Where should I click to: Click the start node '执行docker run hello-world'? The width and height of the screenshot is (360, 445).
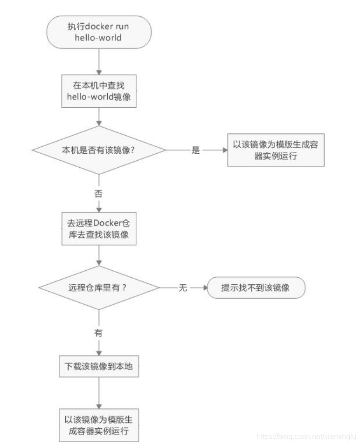(x=98, y=31)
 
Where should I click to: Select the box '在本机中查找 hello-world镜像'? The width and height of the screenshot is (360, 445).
(x=98, y=91)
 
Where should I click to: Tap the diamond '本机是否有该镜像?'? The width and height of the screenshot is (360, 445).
(x=98, y=150)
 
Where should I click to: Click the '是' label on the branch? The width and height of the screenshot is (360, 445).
(x=195, y=150)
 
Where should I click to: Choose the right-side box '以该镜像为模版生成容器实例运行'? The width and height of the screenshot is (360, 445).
(x=276, y=150)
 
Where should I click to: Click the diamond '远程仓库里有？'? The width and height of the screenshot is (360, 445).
(x=98, y=288)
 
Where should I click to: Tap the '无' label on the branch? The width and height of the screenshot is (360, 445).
(x=183, y=288)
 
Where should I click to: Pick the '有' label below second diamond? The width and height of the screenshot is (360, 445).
(x=98, y=333)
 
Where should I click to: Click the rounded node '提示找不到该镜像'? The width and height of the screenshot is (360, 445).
(x=256, y=288)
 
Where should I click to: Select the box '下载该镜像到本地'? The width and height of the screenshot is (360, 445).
(x=98, y=366)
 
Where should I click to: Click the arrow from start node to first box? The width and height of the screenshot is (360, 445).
(x=98, y=61)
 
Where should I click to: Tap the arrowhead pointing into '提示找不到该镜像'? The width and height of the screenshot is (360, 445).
(x=204, y=288)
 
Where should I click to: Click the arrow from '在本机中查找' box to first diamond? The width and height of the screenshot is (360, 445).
(x=98, y=116)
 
